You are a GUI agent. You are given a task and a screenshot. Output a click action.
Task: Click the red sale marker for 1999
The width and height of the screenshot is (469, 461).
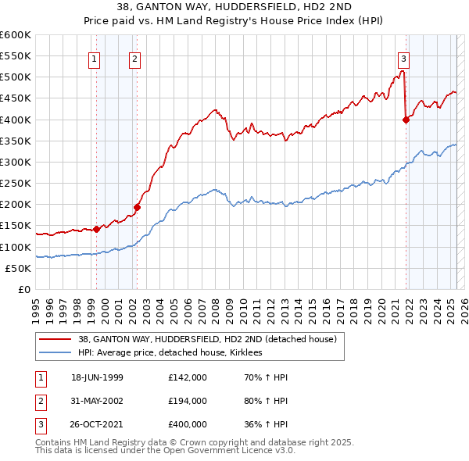click(96, 229)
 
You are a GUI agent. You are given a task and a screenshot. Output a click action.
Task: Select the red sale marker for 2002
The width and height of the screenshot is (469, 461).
click(137, 207)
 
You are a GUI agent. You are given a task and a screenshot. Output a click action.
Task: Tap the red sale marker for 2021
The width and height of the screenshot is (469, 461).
click(406, 120)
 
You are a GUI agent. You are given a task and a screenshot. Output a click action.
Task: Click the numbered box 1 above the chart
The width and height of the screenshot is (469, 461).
click(95, 57)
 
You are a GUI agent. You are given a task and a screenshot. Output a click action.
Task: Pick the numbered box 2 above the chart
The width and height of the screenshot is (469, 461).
click(135, 57)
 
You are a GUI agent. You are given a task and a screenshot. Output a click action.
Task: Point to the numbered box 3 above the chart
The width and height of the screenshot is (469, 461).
click(404, 57)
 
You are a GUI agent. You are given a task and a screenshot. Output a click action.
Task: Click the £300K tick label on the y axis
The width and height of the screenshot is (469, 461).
click(16, 162)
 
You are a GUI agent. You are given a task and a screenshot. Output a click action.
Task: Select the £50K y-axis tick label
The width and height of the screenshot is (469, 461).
click(19, 268)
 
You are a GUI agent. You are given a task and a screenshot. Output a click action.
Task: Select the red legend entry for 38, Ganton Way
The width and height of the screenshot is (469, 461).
click(207, 339)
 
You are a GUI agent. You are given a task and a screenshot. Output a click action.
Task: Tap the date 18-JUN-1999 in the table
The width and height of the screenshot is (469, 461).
click(97, 377)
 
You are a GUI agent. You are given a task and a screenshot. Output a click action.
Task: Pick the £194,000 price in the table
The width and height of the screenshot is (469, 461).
click(188, 402)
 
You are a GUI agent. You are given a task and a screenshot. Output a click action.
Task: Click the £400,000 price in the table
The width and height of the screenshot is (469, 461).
click(188, 426)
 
